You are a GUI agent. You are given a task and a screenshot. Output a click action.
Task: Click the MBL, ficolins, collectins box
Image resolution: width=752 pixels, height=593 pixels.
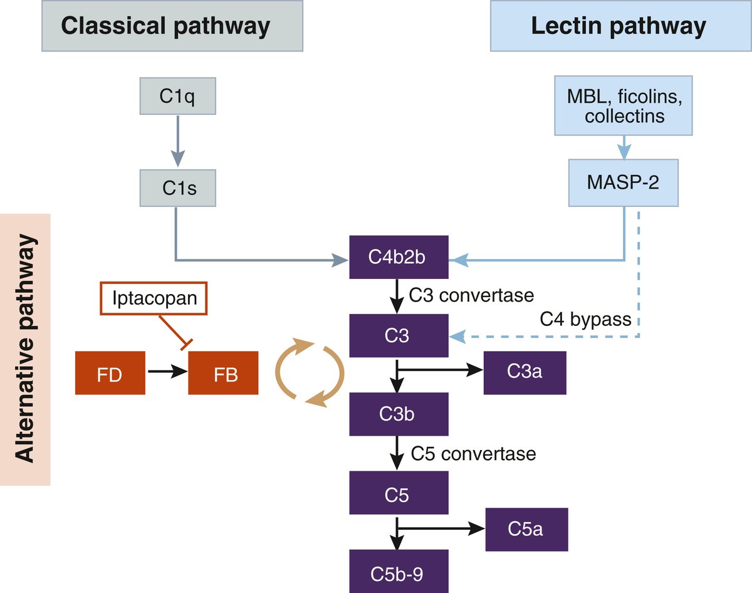pyautogui.click(x=624, y=106)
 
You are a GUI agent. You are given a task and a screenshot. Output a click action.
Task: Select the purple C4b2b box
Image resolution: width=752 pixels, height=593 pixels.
pyautogui.click(x=399, y=257)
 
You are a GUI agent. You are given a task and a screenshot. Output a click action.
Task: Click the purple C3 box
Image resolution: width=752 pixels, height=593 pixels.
pyautogui.click(x=399, y=337)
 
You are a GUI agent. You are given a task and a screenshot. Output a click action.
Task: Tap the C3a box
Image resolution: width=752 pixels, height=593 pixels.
pyautogui.click(x=525, y=372)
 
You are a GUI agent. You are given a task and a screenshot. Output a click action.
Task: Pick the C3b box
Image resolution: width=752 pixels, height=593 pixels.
pyautogui.click(x=399, y=414)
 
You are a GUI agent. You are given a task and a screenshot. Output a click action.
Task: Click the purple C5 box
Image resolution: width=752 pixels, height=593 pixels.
pyautogui.click(x=399, y=495)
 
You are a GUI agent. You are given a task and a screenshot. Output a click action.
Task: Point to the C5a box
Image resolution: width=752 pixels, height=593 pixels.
pyautogui.click(x=526, y=529)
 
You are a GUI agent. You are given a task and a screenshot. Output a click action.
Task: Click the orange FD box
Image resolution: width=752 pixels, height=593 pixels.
pyautogui.click(x=110, y=373)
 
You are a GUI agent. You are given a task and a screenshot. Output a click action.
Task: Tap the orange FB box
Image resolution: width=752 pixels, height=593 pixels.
pyautogui.click(x=223, y=373)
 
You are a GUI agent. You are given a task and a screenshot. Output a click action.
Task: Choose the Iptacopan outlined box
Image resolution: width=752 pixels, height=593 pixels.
pyautogui.click(x=154, y=298)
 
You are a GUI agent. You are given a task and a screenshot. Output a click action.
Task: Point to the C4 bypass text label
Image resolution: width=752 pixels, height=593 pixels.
pyautogui.click(x=586, y=319)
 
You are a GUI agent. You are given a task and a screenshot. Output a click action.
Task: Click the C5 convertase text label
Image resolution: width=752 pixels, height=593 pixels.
pyautogui.click(x=473, y=453)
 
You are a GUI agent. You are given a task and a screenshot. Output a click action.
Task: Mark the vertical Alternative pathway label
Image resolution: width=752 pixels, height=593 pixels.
pyautogui.click(x=25, y=350)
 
